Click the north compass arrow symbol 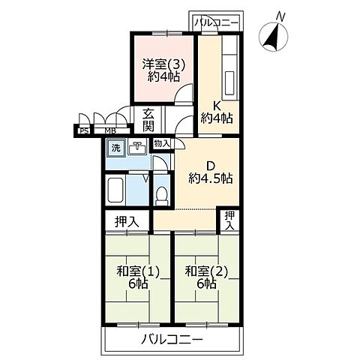pyautogui.click(x=271, y=36)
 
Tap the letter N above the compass pyautogui.click(x=280, y=15)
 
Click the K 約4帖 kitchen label pyautogui.click(x=216, y=110)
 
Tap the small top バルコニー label pyautogui.click(x=216, y=22)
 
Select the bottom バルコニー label pyautogui.click(x=172, y=340)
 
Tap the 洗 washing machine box pyautogui.click(x=115, y=148)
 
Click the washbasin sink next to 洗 pyautogui.click(x=137, y=148)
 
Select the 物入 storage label pyautogui.click(x=161, y=143)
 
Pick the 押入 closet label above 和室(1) pyautogui.click(x=125, y=222)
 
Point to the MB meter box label pyautogui.click(x=109, y=131)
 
